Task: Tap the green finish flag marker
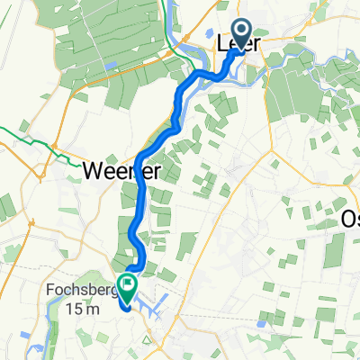[127, 290]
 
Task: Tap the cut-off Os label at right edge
[350, 219]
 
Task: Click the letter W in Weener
[92, 170]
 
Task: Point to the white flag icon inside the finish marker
[127, 288]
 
